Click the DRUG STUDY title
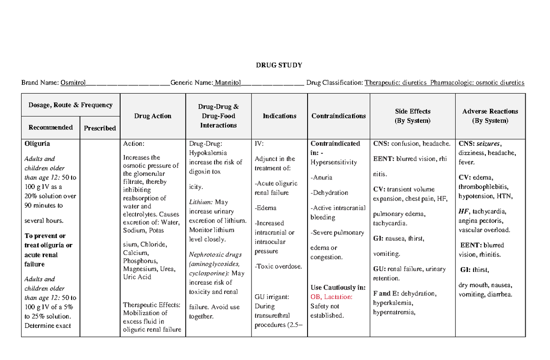pyautogui.click(x=279, y=65)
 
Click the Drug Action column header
pyautogui.click(x=153, y=116)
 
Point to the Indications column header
pyautogui.click(x=279, y=116)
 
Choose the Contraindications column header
pyautogui.click(x=338, y=116)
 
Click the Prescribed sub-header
pyautogui.click(x=99, y=128)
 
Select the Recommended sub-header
pyautogui.click(x=50, y=127)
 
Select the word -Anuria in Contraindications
pyautogui.click(x=321, y=177)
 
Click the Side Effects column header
pyautogui.click(x=412, y=111)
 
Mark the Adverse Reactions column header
pyautogui.click(x=490, y=111)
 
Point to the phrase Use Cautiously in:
pyautogui.click(x=338, y=288)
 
